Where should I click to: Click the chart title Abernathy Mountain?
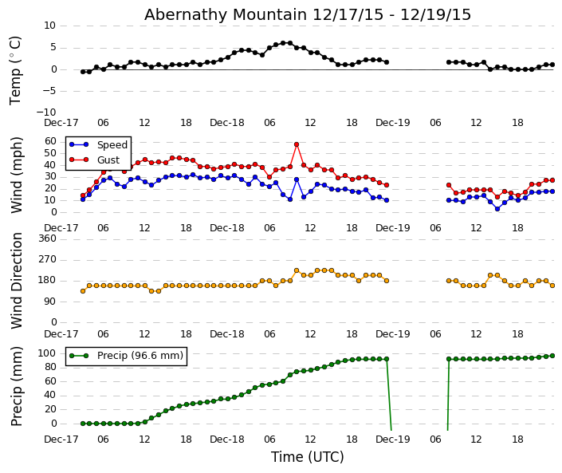tap(308, 15)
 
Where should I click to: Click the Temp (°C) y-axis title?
tap(16, 69)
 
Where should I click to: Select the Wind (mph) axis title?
tap(17, 175)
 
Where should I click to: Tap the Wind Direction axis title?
tap(17, 280)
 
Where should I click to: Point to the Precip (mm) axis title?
tap(17, 386)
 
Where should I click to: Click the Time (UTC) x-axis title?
tap(308, 457)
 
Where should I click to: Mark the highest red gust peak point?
tap(297, 144)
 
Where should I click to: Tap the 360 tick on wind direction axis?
tap(47, 238)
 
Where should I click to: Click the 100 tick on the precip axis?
tap(47, 353)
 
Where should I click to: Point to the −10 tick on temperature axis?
tap(45, 112)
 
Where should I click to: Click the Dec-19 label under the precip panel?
tap(392, 439)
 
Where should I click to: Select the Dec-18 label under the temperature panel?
tap(227, 123)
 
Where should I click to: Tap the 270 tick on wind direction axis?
tap(47, 259)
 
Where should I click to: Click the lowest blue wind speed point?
tap(497, 208)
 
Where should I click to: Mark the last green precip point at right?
tap(552, 356)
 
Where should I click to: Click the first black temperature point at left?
tap(83, 72)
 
